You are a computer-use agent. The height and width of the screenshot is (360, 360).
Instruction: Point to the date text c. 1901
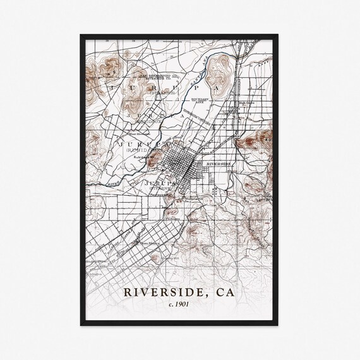(180, 306)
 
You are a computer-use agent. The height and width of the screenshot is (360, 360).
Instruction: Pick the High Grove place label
(247, 102)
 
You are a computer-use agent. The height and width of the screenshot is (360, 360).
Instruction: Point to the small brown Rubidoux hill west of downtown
(153, 157)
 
